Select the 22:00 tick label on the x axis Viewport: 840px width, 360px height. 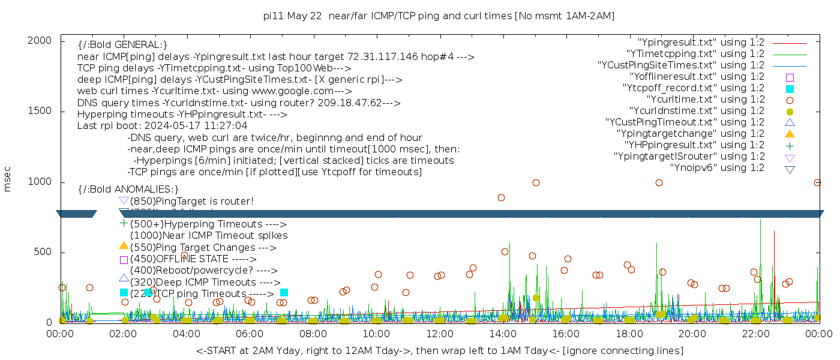point(755,334)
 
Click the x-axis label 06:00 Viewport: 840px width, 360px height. point(249,334)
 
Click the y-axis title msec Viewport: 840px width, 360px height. point(8,178)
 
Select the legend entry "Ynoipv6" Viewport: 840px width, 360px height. point(717,168)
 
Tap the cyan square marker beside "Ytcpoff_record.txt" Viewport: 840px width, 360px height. point(790,88)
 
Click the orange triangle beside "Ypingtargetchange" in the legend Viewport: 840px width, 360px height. point(790,134)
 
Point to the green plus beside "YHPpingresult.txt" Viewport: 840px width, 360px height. point(790,145)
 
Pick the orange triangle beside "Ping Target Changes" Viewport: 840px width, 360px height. point(124,246)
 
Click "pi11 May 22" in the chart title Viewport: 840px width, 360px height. point(293,16)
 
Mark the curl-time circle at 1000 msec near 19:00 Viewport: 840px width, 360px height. point(659,182)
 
